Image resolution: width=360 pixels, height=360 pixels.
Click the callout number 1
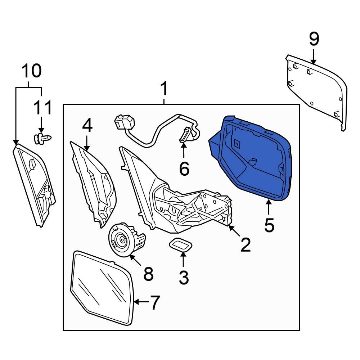(x=164, y=89)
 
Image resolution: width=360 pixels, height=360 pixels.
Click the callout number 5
(x=269, y=225)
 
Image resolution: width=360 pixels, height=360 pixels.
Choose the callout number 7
(x=154, y=302)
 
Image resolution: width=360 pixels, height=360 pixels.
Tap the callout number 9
(x=314, y=39)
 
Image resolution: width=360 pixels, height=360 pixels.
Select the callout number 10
(x=32, y=71)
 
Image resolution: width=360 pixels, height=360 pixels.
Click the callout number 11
(x=42, y=107)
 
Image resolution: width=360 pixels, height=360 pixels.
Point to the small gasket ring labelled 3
(x=181, y=246)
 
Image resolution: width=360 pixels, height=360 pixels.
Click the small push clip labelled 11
(x=42, y=138)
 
